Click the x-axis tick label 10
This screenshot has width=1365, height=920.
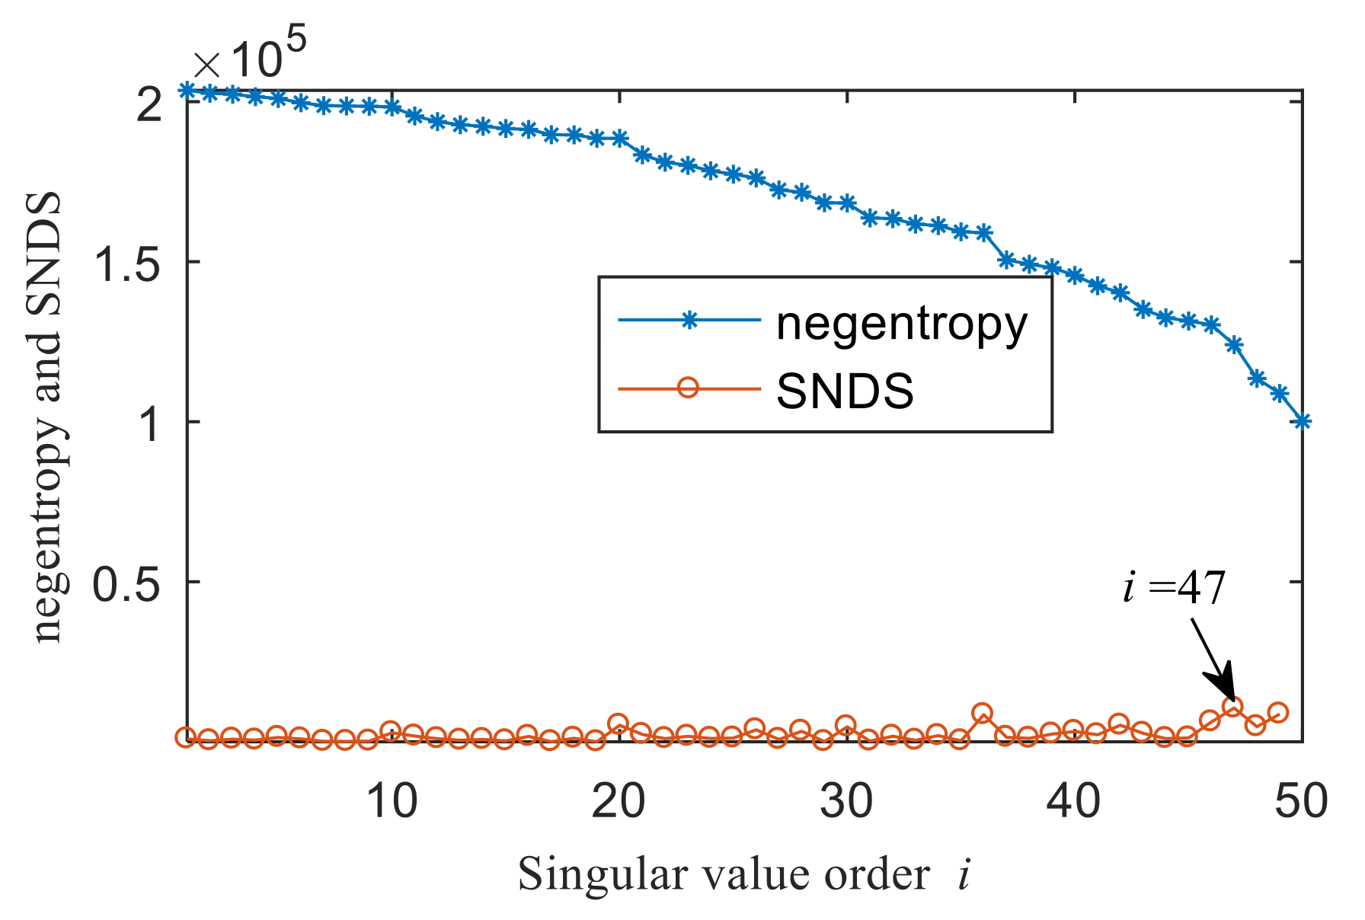(x=392, y=802)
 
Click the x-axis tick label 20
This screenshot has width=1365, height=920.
(x=619, y=802)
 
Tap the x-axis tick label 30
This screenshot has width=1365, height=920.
(x=846, y=802)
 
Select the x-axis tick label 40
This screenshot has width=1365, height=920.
(x=1073, y=802)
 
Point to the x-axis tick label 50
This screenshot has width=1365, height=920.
(x=1300, y=802)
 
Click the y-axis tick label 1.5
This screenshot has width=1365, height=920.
(x=126, y=263)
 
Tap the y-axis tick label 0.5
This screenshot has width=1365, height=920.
(x=126, y=583)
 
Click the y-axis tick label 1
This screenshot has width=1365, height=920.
(x=149, y=423)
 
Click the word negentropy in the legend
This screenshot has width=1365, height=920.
(x=901, y=324)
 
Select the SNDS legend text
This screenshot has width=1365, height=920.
(x=844, y=391)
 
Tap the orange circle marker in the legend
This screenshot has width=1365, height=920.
(x=688, y=388)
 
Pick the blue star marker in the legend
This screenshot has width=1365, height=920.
(x=689, y=321)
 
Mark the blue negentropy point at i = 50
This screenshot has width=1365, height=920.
(x=1303, y=421)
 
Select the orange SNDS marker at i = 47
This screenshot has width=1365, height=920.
(x=1232, y=707)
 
